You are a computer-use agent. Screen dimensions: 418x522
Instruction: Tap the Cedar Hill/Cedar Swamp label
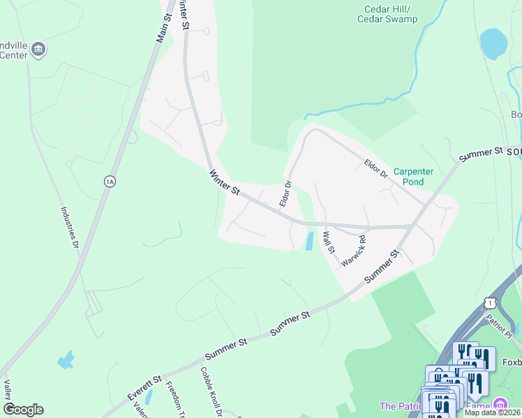391,14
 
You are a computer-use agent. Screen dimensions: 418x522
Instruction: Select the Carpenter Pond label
414,176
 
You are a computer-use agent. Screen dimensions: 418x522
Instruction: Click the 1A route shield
109,182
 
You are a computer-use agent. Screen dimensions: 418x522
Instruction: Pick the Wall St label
328,242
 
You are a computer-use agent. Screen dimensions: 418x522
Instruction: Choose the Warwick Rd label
354,253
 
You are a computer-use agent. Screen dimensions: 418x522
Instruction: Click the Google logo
23,410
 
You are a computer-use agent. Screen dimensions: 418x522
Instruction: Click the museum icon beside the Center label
39,49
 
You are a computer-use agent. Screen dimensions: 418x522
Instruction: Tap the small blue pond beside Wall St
308,241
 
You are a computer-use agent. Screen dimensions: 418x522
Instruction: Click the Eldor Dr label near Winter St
285,194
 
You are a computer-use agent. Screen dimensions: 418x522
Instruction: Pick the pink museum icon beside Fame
500,405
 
